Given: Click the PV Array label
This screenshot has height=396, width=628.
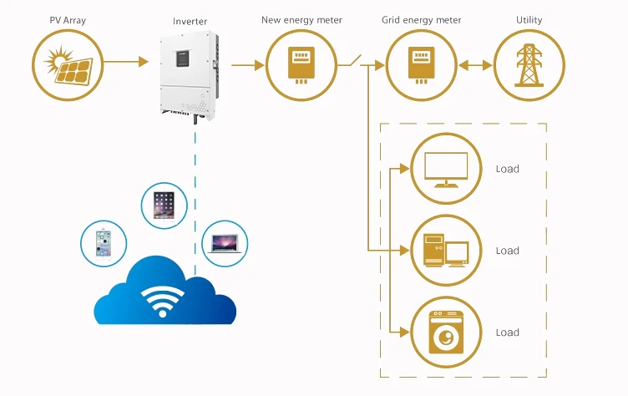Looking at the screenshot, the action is click(x=68, y=20).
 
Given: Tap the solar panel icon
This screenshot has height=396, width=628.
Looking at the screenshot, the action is click(x=68, y=65).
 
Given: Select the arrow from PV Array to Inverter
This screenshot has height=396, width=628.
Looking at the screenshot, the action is click(x=126, y=62).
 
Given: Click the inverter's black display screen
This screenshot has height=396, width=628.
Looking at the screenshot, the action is click(x=182, y=58).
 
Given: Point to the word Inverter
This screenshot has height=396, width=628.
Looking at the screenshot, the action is click(x=190, y=21).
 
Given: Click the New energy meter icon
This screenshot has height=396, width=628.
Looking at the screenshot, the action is click(x=301, y=65).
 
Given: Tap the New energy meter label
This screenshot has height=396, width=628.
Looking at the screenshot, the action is click(x=301, y=20).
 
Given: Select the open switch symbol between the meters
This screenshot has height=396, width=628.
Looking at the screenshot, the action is click(x=349, y=61).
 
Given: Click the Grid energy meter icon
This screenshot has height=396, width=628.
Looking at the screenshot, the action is click(x=422, y=65).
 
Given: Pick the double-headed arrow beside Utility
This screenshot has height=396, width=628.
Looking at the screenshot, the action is click(x=475, y=65).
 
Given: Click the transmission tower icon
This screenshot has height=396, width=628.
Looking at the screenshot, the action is click(x=529, y=65).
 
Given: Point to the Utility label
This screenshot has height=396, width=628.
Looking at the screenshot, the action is click(x=529, y=20).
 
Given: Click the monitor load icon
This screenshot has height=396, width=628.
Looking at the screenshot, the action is click(x=446, y=169).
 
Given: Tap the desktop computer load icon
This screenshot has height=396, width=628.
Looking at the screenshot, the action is click(x=446, y=251).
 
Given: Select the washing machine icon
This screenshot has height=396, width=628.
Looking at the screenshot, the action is click(x=446, y=333).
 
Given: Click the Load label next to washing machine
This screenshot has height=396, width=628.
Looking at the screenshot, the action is click(x=508, y=333).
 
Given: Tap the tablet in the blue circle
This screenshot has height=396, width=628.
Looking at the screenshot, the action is click(x=164, y=206).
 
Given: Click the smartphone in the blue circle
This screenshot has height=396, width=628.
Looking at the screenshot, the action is click(x=104, y=243).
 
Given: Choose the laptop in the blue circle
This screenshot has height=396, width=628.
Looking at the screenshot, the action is click(x=225, y=244).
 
